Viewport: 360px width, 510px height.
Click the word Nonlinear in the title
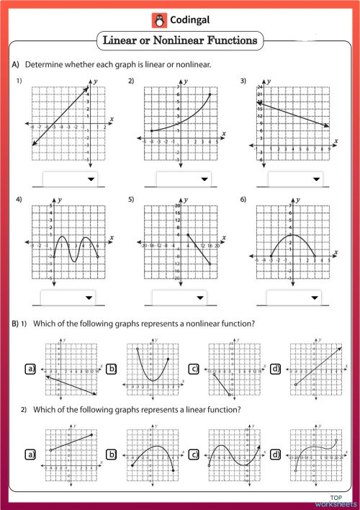tap(191, 41)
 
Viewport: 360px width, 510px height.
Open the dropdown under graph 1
tap(71, 178)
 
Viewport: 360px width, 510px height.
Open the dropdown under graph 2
tap(184, 179)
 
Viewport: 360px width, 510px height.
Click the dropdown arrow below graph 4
tap(89, 297)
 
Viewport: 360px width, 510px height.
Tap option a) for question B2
tap(30, 455)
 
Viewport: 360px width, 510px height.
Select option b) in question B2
tap(112, 455)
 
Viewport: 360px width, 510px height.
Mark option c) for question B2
tap(194, 455)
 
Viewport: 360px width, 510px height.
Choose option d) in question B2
tap(277, 455)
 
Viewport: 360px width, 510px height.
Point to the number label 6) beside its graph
tap(243, 199)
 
